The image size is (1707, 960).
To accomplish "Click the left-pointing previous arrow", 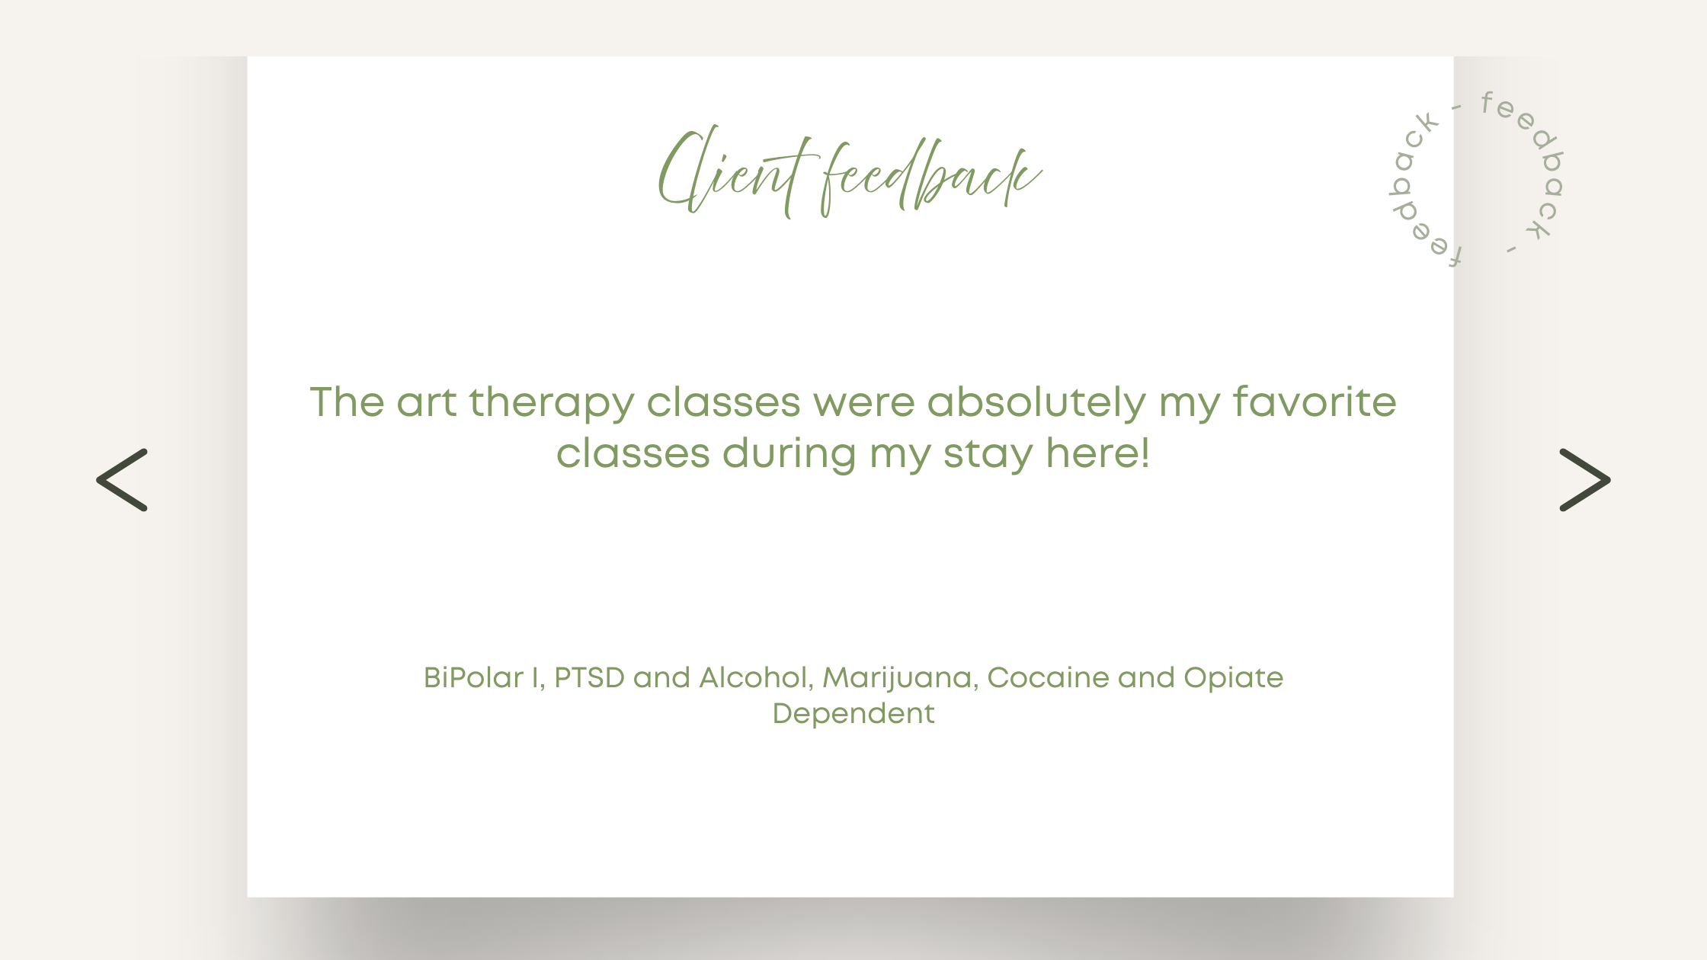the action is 122,480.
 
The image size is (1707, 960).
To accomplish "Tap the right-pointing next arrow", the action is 1585,480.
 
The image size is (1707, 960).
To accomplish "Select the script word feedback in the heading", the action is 931,177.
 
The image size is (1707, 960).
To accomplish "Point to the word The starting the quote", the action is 347,402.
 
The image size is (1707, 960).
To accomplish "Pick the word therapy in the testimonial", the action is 551,404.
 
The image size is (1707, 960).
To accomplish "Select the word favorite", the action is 1315,402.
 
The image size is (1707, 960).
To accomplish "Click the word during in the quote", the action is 789,455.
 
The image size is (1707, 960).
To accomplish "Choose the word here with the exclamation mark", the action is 1097,453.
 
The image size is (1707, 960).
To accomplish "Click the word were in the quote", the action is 863,403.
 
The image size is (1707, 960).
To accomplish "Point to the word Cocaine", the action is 1048,677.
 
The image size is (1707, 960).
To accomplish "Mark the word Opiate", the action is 1233,679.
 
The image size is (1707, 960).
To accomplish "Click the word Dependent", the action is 853,714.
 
